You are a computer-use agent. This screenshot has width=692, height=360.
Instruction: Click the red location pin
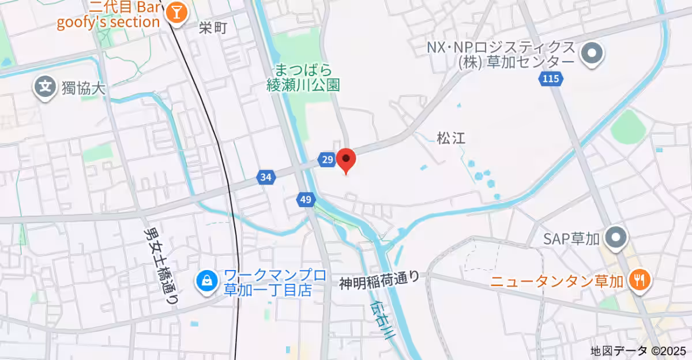point(345,159)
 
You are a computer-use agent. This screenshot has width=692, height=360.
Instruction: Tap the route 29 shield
point(327,160)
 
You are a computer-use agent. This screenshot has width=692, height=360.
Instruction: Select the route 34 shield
point(265,178)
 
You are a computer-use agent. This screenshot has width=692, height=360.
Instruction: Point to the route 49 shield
point(306,200)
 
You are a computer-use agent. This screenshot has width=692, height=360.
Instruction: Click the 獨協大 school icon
point(44,88)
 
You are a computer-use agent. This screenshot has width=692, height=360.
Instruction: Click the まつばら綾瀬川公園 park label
point(303,78)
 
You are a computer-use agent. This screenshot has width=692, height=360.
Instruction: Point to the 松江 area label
point(450,138)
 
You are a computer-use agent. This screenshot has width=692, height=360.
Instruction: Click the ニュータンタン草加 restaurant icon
point(640,281)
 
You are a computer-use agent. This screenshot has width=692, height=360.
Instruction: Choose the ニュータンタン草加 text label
point(557,282)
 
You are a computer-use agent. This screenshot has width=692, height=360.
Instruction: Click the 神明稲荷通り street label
point(379,280)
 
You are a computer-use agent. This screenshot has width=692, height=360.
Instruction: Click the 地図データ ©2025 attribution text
point(638,350)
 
